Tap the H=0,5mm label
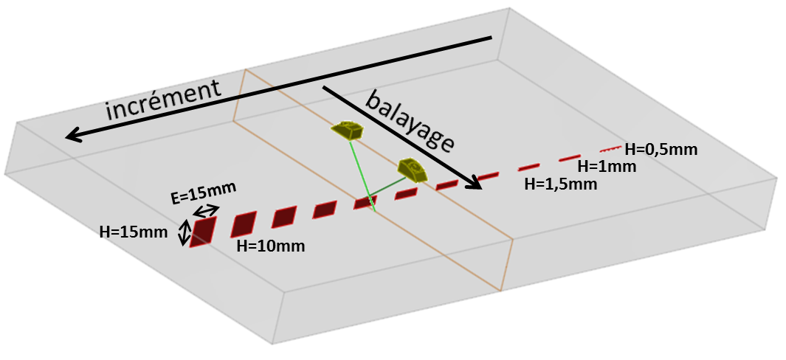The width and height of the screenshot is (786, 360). click(x=661, y=150)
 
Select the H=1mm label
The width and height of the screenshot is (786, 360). click(x=606, y=166)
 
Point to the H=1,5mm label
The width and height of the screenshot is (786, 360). click(x=560, y=184)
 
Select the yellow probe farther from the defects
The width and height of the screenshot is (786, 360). click(x=348, y=131)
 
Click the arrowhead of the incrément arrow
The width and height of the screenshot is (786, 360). click(x=71, y=136)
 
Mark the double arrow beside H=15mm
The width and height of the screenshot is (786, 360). click(x=183, y=234)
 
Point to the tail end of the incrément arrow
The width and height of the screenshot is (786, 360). click(x=490, y=38)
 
